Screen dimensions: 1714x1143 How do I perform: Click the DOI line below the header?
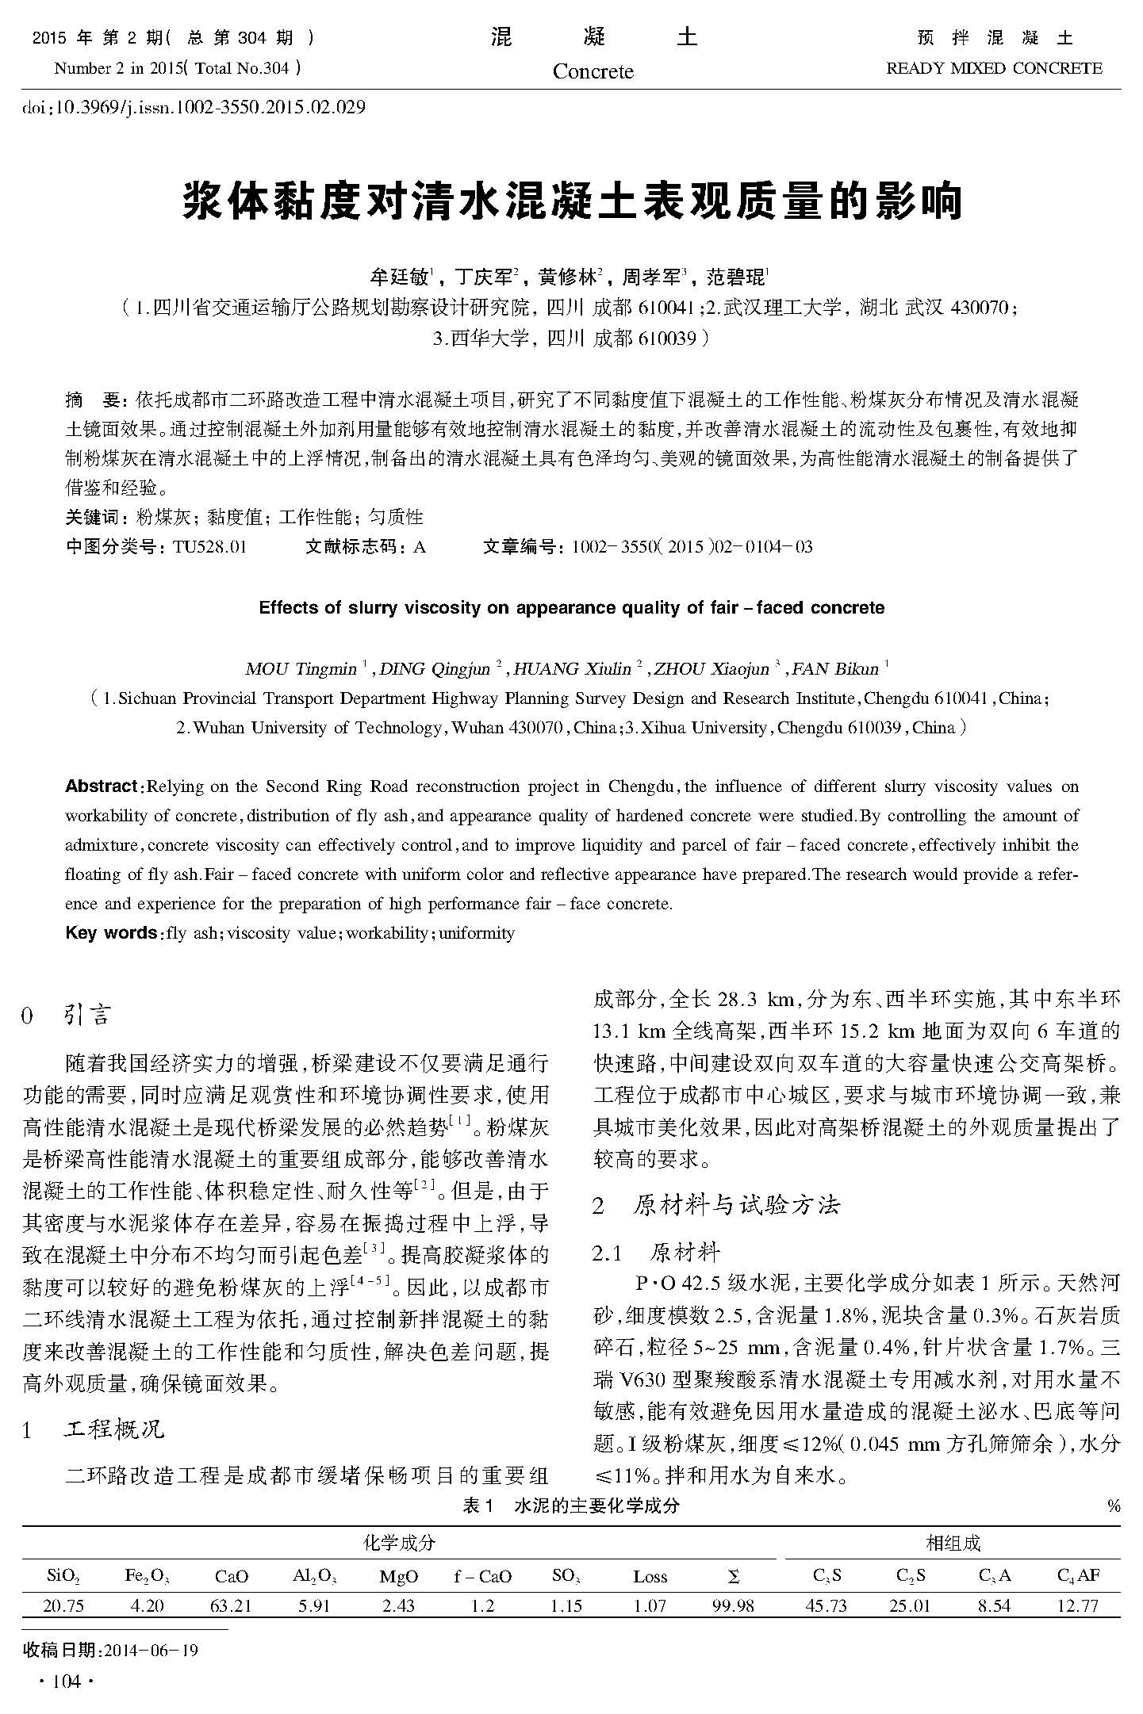coord(194,107)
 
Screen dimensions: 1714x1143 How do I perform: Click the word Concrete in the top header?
coord(593,72)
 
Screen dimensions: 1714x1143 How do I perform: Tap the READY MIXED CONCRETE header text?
coord(993,69)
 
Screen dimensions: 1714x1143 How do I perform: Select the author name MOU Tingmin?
coord(301,669)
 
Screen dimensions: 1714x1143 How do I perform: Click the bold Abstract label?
coord(102,786)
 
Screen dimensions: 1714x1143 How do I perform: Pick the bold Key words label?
coord(110,933)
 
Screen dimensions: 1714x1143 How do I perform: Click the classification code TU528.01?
coord(209,547)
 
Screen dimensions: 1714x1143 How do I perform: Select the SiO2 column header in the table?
coord(63,1577)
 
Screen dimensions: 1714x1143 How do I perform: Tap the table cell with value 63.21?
coord(231,1606)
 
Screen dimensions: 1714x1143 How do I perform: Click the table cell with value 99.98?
coord(733,1606)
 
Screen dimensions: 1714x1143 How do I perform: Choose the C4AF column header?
coord(1079,1576)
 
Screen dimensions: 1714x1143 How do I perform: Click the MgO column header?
coord(398,1577)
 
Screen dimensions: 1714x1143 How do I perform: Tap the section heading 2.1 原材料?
coord(657,1253)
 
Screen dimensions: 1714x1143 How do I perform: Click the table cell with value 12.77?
coord(1078,1606)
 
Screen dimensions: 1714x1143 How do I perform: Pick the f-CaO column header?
coord(482,1577)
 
